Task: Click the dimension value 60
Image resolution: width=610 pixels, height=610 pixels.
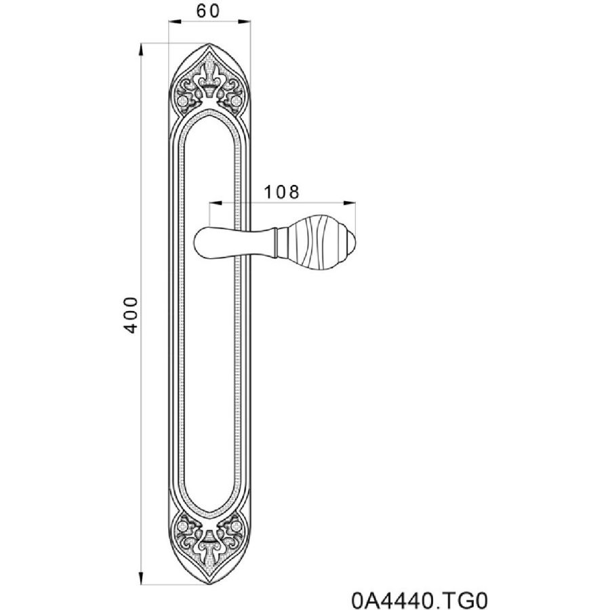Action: tap(208, 11)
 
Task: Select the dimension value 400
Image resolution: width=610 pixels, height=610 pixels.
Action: tap(131, 315)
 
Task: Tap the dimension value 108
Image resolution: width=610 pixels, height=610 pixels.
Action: tap(282, 192)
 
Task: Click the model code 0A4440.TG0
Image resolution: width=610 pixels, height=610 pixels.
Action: tap(420, 600)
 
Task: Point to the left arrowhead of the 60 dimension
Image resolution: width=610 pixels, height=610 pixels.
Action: tap(174, 22)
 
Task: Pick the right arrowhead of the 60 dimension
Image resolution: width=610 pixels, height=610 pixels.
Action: tap(245, 22)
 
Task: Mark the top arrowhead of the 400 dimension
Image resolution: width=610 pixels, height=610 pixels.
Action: tap(141, 49)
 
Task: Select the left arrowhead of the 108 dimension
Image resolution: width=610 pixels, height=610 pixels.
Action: tap(215, 203)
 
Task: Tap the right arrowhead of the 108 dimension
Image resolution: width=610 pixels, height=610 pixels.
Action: tap(350, 203)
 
